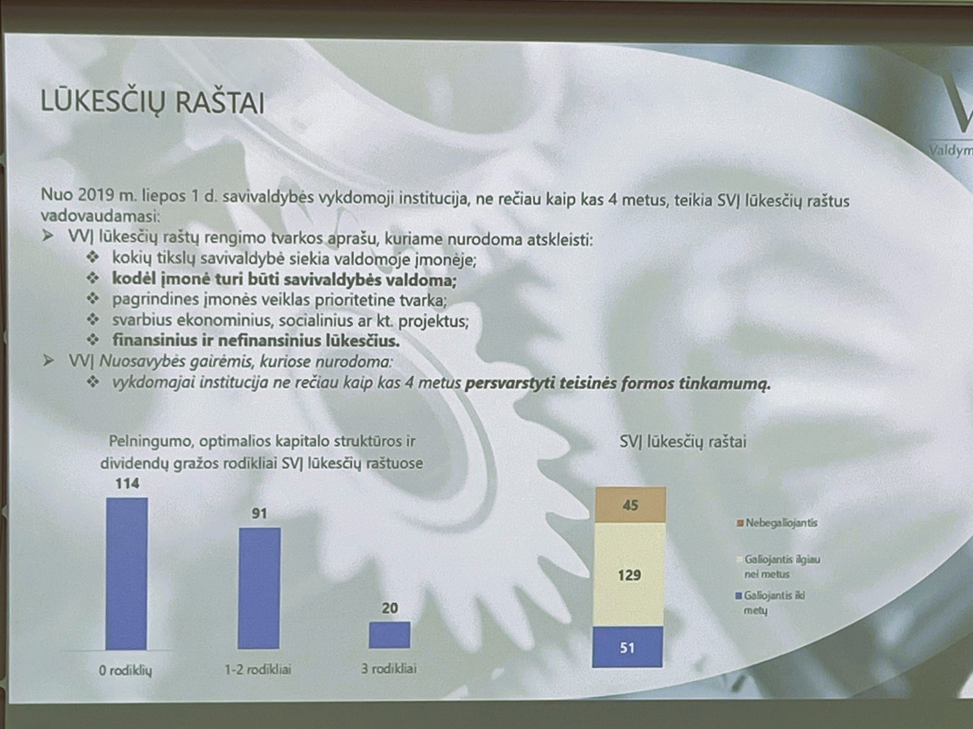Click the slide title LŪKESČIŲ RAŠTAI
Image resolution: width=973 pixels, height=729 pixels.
pyautogui.click(x=152, y=102)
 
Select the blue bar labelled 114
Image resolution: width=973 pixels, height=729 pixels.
pyautogui.click(x=126, y=574)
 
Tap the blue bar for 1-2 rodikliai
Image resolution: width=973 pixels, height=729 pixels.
pyautogui.click(x=259, y=588)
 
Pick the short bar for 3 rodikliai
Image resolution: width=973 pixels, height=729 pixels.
pyautogui.click(x=389, y=635)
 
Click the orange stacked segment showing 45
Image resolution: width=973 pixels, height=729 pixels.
pyautogui.click(x=630, y=505)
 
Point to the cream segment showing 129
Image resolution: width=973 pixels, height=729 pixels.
pyautogui.click(x=629, y=575)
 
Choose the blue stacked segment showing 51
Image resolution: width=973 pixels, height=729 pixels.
pyautogui.click(x=628, y=647)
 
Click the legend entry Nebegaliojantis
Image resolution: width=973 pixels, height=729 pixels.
pyautogui.click(x=777, y=523)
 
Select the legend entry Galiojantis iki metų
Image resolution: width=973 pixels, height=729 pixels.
pyautogui.click(x=770, y=603)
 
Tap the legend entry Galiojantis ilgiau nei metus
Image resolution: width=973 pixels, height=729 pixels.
pyautogui.click(x=778, y=567)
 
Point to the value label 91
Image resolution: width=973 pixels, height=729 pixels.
pyautogui.click(x=259, y=513)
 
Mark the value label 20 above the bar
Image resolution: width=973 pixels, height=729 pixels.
pyautogui.click(x=390, y=608)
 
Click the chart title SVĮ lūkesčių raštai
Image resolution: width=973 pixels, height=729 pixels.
pyautogui.click(x=683, y=441)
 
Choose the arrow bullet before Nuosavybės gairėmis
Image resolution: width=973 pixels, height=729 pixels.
pyautogui.click(x=48, y=361)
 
